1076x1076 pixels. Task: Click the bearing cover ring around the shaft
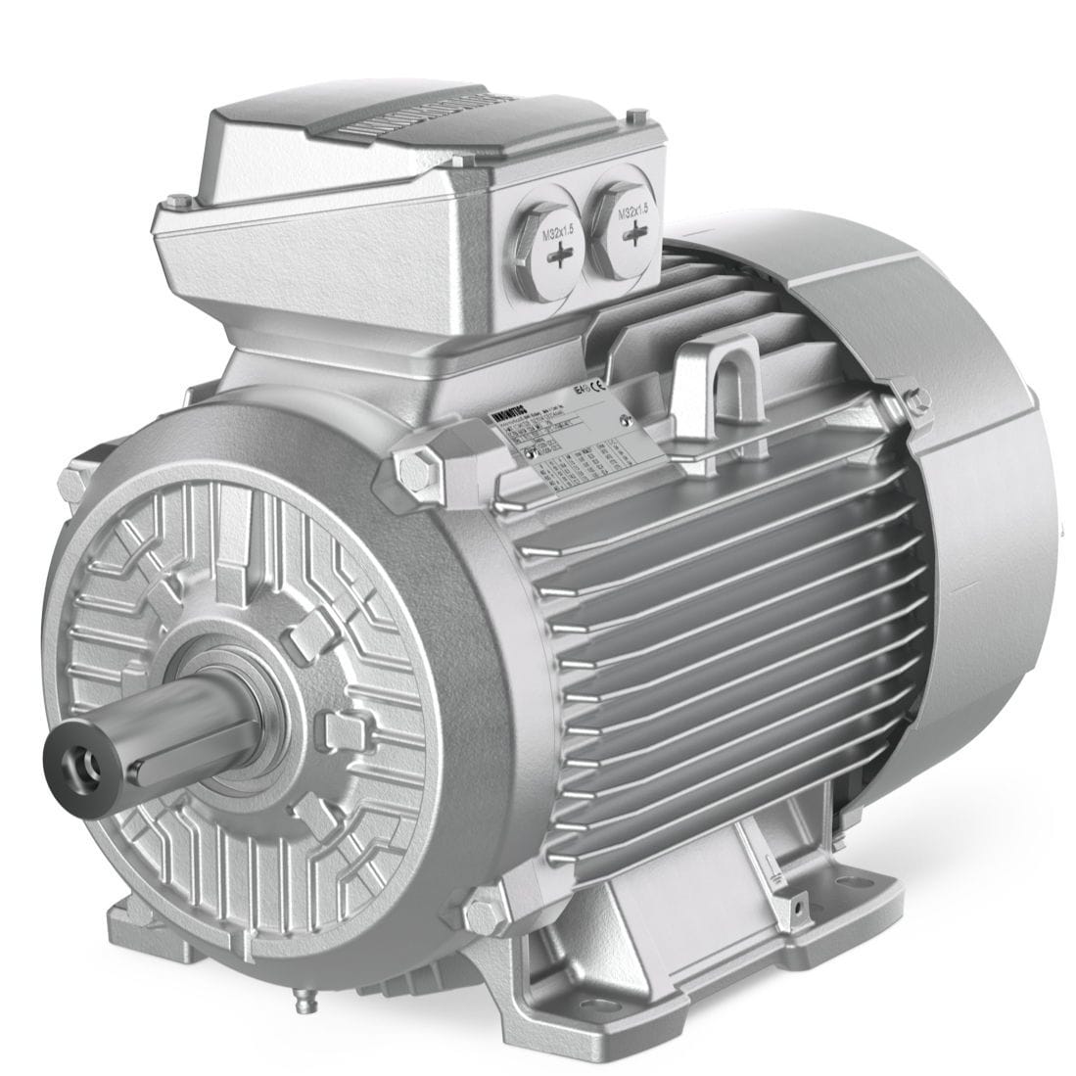257,700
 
